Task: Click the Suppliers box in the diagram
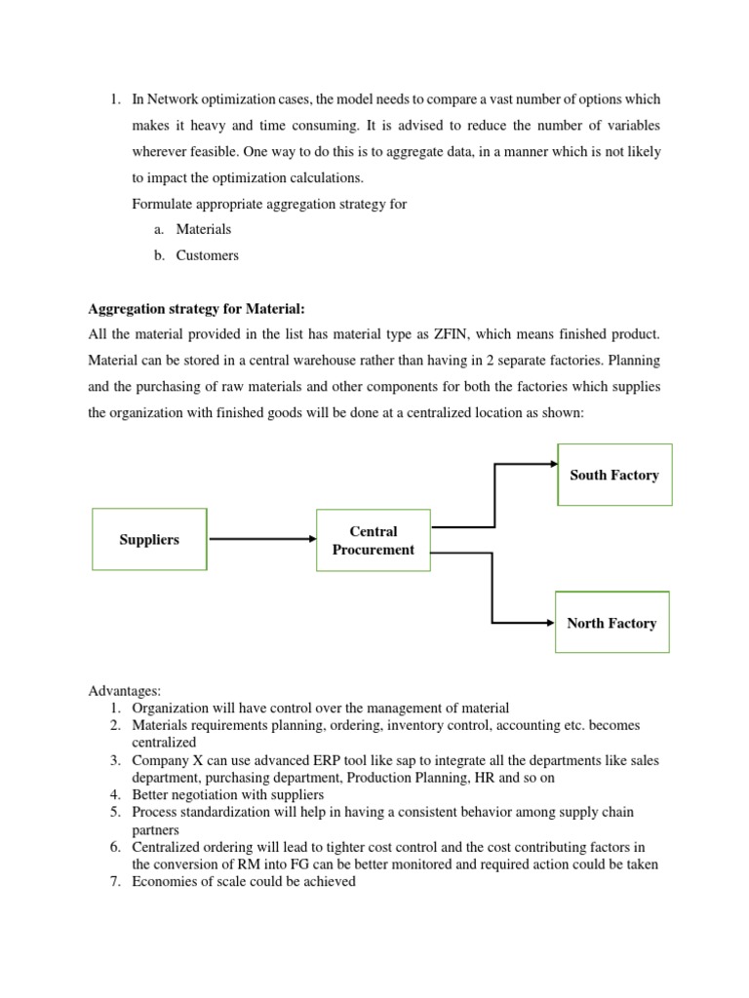[149, 539]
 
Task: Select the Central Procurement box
[373, 541]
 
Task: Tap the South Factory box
[614, 475]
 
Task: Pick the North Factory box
[611, 623]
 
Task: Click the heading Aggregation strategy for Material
[197, 309]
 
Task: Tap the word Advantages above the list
[123, 691]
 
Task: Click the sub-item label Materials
[204, 229]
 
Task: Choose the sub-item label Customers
[207, 255]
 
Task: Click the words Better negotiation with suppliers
[227, 794]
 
